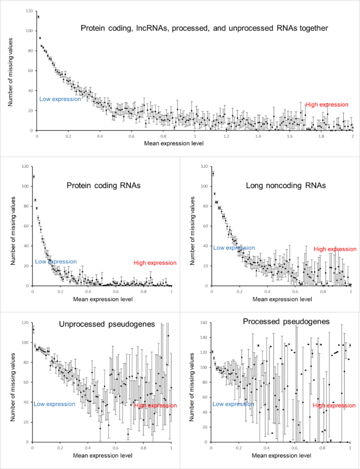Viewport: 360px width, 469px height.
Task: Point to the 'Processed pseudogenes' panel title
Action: point(279,321)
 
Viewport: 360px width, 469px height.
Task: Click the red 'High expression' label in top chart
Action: point(327,105)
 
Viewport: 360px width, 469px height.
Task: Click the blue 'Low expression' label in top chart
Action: point(60,99)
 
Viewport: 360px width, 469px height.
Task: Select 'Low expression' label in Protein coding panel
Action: point(56,261)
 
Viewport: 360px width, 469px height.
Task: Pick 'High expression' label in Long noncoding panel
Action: point(335,249)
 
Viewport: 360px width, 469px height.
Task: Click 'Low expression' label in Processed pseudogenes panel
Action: point(233,404)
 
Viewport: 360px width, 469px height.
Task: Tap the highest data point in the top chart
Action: point(38,17)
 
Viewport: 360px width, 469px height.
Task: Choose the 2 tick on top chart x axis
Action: point(353,136)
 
